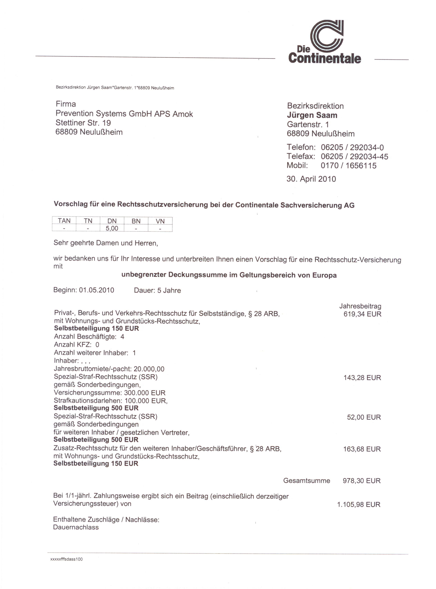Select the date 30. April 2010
(x=311, y=179)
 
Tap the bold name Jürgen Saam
(x=312, y=115)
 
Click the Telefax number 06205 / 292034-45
(x=354, y=157)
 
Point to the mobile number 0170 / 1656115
(x=348, y=166)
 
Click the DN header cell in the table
(x=112, y=221)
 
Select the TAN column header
(x=64, y=221)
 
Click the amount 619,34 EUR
(x=362, y=314)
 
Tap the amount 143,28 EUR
(x=362, y=378)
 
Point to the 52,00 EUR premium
(x=364, y=417)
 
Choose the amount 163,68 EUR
(x=362, y=449)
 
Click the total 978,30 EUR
(x=361, y=481)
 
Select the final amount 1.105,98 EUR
(x=359, y=504)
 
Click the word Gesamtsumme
(x=306, y=481)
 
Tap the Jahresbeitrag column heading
(x=360, y=306)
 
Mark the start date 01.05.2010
(x=97, y=290)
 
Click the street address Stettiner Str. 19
(x=83, y=123)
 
